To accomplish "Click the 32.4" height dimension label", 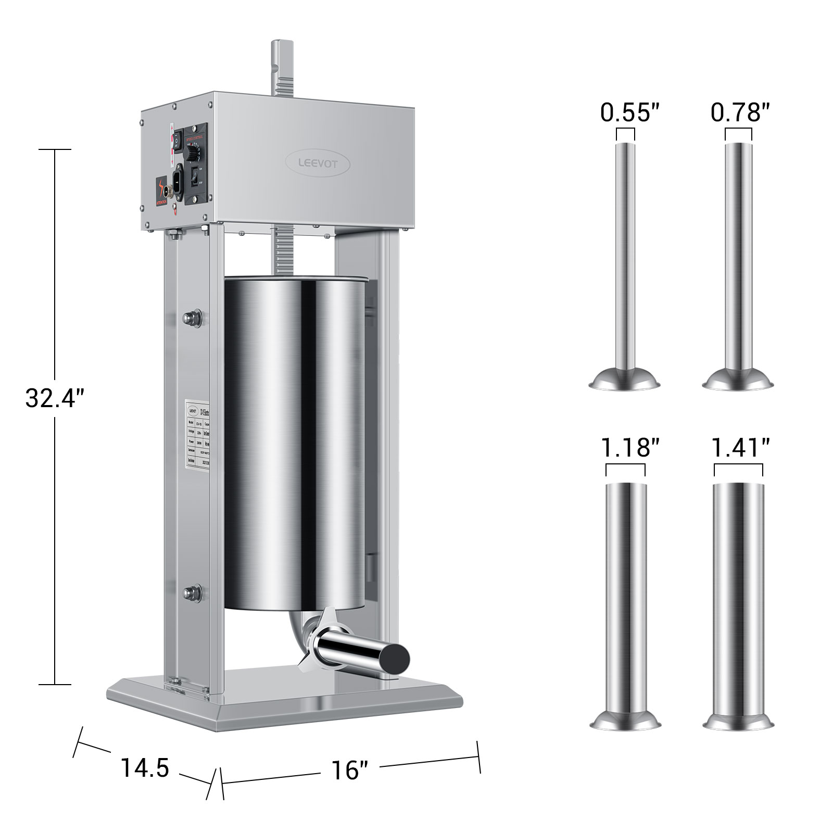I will (x=54, y=399).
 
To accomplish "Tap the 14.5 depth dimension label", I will (x=145, y=767).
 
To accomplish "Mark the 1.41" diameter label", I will (x=740, y=448).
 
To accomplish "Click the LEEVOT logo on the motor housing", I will (x=318, y=163).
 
